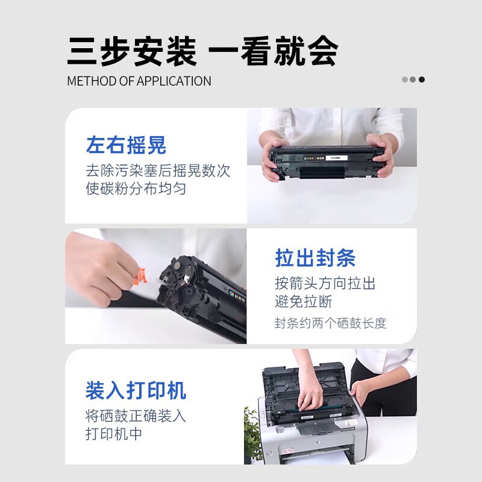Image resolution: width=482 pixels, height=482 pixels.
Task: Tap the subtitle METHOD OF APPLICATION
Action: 139,81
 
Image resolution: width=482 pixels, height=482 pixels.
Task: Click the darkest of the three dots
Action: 422,80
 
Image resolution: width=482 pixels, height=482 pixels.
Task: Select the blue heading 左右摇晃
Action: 126,145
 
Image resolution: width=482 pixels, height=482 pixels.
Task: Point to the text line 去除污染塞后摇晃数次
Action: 158,171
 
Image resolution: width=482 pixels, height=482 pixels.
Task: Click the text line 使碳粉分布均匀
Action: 136,189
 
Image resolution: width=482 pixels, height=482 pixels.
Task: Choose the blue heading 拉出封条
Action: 315,258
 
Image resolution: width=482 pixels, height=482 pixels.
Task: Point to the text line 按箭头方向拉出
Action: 325,283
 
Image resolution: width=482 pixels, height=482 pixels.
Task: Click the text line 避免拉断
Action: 304,301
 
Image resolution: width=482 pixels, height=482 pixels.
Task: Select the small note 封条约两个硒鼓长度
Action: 330,323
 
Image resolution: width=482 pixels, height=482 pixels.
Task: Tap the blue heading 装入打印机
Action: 136,390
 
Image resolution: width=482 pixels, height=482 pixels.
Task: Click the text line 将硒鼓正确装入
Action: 136,416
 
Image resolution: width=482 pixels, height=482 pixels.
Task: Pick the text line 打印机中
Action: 114,434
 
